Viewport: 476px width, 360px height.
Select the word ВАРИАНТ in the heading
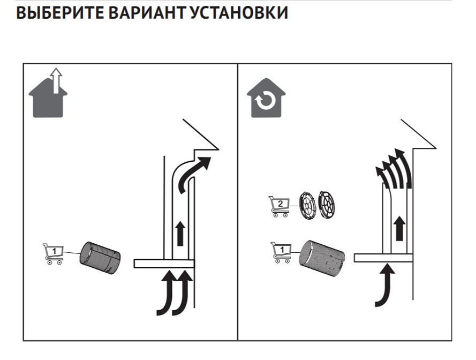pyautogui.click(x=146, y=13)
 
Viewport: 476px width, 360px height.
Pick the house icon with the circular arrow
pyautogui.click(x=266, y=99)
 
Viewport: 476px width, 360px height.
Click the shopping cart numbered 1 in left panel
pyautogui.click(x=53, y=253)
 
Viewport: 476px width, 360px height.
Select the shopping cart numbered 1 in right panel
pyautogui.click(x=281, y=251)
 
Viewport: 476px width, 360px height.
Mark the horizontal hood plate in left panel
pyautogui.click(x=164, y=263)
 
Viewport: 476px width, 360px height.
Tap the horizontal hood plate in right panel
pyautogui.click(x=383, y=258)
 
